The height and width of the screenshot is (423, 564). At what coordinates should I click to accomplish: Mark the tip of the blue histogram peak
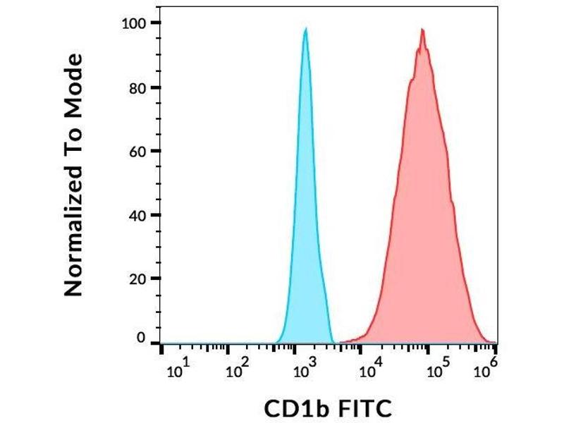(305, 28)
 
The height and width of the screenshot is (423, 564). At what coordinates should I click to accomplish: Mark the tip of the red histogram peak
(422, 29)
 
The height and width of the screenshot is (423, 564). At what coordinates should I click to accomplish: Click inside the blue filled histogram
(306, 211)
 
